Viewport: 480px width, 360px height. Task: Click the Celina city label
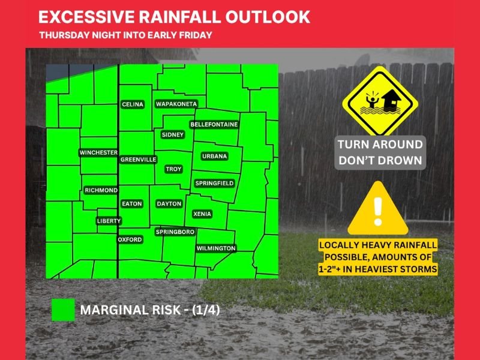click(133, 104)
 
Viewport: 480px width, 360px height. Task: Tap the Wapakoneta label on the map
click(176, 104)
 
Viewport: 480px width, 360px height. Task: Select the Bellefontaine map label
click(214, 124)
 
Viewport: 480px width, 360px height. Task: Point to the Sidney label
click(173, 135)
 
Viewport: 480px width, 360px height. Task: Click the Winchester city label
click(98, 153)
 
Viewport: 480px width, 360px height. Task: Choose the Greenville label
click(139, 160)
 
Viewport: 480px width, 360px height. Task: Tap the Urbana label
click(214, 156)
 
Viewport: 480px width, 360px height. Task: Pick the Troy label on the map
click(173, 170)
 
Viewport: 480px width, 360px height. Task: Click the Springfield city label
click(214, 183)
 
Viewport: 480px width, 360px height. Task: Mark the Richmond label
click(101, 190)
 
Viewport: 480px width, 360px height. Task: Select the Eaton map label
click(132, 204)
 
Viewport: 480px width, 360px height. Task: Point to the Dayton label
click(169, 204)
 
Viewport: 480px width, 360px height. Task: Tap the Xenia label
click(202, 214)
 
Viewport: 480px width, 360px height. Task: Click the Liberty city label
click(109, 221)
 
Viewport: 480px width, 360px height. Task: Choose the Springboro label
click(175, 232)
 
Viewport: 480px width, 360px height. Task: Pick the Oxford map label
click(130, 239)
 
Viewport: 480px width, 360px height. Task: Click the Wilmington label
click(216, 248)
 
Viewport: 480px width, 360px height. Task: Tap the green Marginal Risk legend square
click(63, 310)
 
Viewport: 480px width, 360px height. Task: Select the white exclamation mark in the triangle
click(377, 208)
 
